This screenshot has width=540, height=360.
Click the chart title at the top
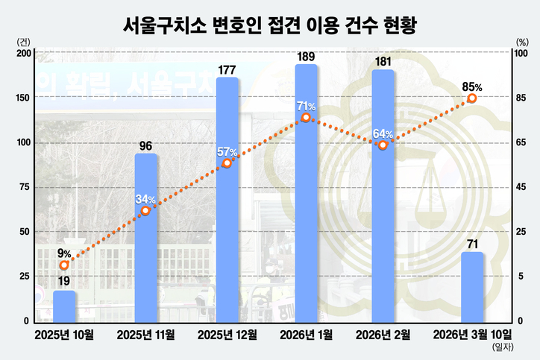(x=270, y=25)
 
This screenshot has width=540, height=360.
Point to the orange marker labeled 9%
(x=64, y=265)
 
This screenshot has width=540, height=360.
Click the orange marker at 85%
(x=471, y=98)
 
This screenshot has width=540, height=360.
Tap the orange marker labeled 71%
(x=306, y=118)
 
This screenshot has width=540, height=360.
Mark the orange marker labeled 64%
(x=383, y=145)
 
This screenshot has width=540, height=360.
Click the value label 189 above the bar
(x=306, y=56)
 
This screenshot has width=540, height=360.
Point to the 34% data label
(x=145, y=199)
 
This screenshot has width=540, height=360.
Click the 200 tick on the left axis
(x=22, y=53)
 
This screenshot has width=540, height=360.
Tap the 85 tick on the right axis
(x=521, y=98)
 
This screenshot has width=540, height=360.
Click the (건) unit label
(x=23, y=42)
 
